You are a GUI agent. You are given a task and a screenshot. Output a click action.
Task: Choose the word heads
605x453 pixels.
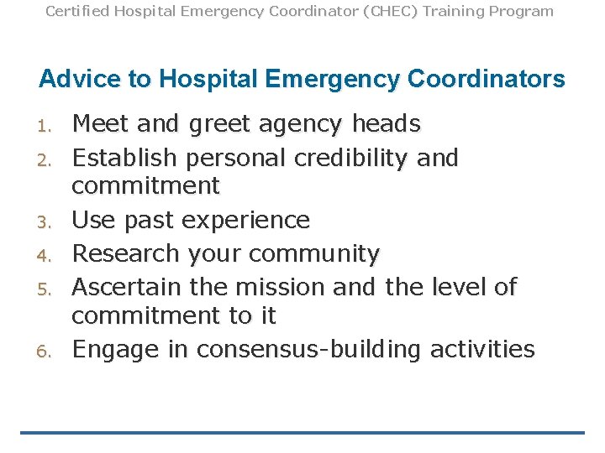click(x=386, y=124)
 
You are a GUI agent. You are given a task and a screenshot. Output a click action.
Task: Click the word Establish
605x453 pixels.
click(x=124, y=157)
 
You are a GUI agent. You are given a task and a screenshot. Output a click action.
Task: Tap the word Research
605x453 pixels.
click(x=126, y=253)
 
